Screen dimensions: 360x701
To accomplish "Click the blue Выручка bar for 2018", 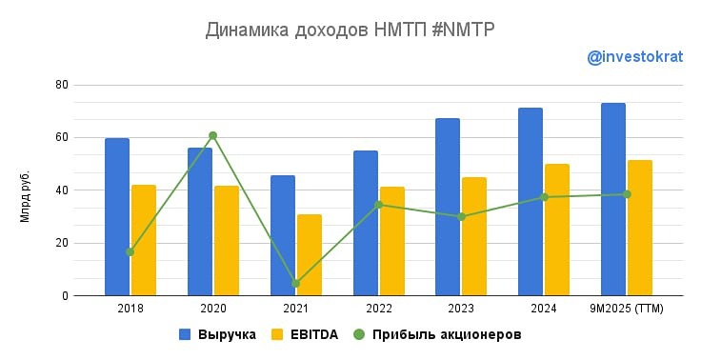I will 117,217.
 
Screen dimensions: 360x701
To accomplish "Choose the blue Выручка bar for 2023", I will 448,207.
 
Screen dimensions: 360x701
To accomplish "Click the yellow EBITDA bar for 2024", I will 557,230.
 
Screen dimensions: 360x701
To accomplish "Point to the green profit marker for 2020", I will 212,135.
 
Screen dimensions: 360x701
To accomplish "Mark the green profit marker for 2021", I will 295,283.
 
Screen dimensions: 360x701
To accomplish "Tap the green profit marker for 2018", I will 130,252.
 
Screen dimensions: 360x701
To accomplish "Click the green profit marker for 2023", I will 461,217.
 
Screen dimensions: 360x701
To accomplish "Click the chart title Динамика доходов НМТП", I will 350,30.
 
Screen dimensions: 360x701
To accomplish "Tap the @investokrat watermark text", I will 634,57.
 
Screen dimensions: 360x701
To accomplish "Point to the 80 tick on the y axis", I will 61,85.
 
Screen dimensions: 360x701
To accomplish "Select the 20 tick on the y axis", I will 61,243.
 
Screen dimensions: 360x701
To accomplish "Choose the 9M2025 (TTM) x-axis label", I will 627,310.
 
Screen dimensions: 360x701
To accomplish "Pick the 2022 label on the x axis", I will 378,310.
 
